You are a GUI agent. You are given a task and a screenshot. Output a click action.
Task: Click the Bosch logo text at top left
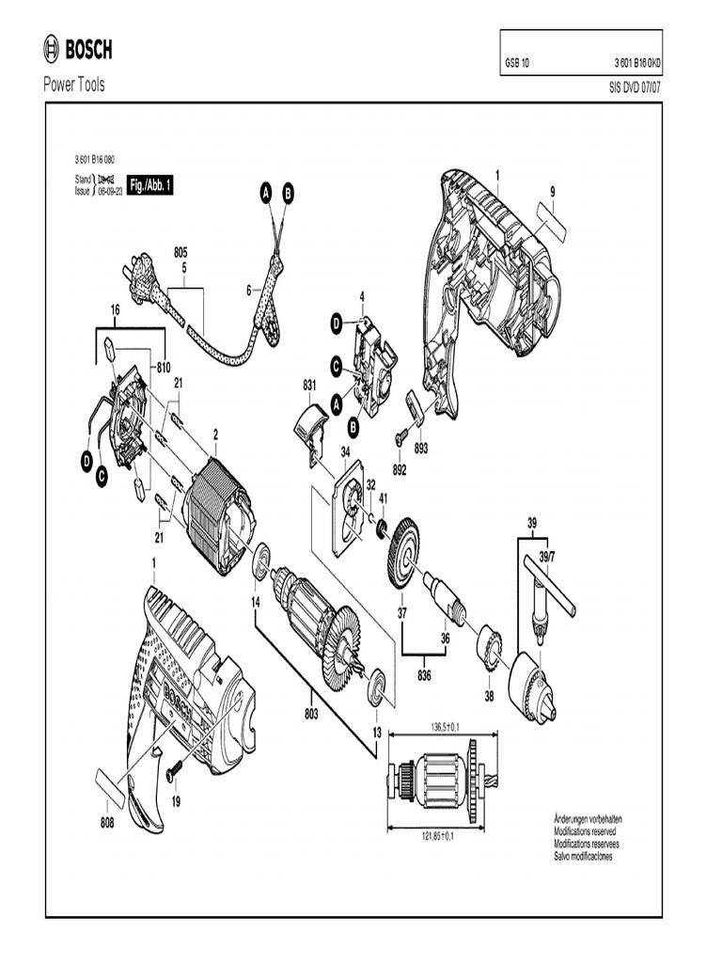coord(88,50)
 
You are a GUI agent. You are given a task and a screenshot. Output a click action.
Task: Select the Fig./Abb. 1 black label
coord(149,187)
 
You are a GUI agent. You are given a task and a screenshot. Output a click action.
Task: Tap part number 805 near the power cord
coord(180,252)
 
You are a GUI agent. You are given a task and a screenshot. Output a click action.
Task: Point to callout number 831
coord(310,385)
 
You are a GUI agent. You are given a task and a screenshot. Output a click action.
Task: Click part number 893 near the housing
coord(421,449)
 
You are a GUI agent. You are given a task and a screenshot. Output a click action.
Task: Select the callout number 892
coord(400,468)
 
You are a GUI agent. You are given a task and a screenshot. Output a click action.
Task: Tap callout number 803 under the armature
coord(311,714)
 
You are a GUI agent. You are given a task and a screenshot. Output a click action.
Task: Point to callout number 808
coord(108,823)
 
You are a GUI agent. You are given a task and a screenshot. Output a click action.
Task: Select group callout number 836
coord(424,673)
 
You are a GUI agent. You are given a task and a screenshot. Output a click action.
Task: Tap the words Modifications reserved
coord(588,832)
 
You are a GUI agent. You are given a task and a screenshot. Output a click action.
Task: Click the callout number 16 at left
coord(116,308)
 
